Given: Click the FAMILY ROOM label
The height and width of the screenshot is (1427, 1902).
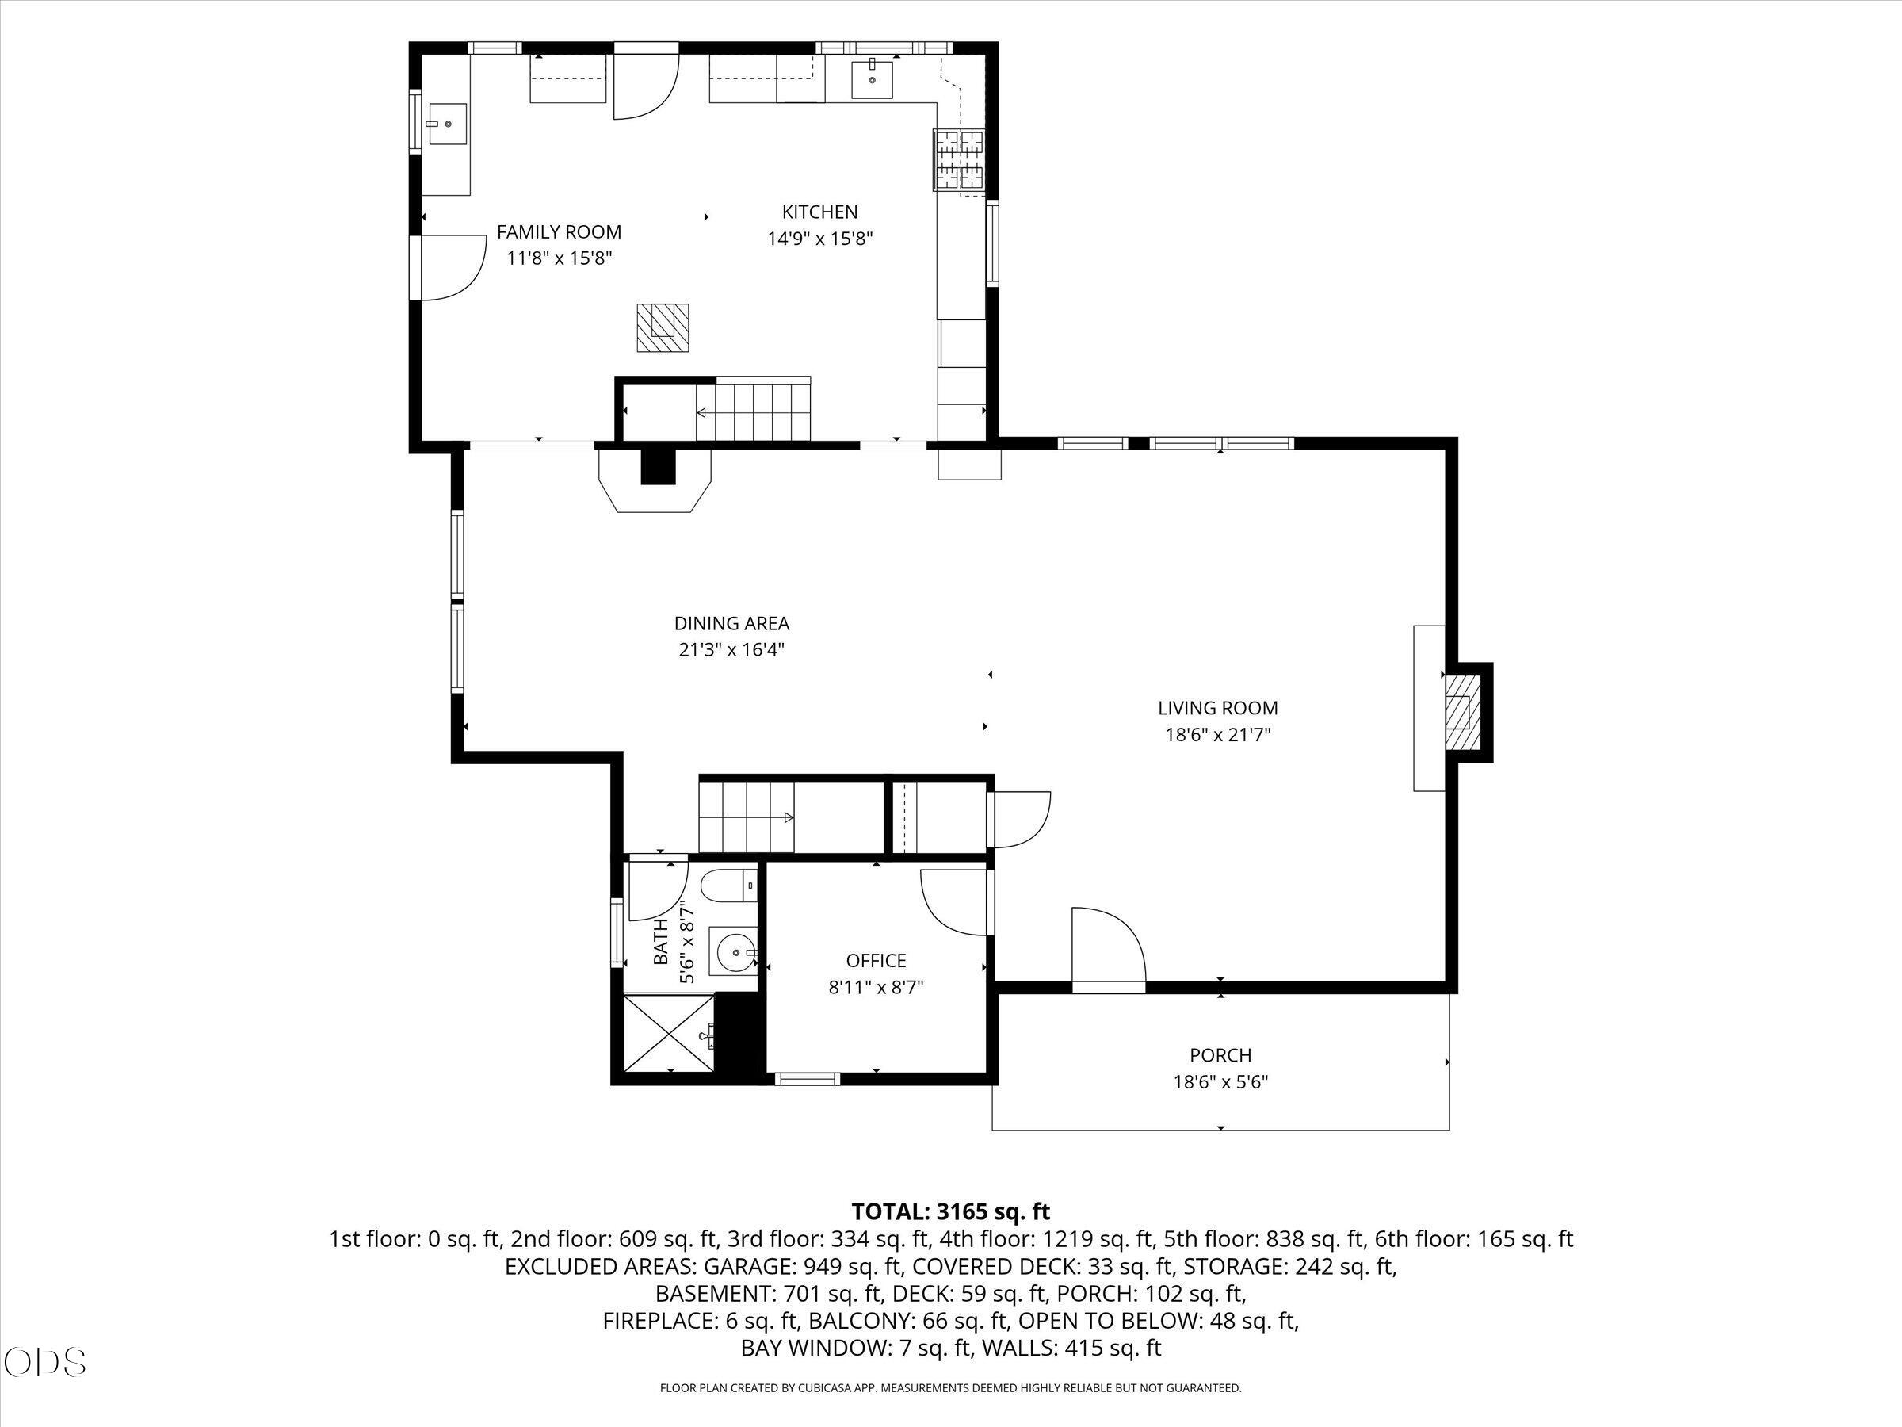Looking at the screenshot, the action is click(559, 232).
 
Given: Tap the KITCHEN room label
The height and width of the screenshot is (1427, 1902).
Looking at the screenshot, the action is click(819, 212).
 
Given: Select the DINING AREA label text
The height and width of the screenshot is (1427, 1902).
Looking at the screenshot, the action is click(731, 624).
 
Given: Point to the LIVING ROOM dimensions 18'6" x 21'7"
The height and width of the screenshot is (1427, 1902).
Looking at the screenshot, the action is click(1217, 735).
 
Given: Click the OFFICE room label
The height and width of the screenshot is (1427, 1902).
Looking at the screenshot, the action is click(877, 961).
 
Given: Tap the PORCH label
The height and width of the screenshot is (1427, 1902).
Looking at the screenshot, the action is click(1220, 1054).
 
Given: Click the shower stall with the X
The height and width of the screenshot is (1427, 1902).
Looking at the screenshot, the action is click(668, 1032).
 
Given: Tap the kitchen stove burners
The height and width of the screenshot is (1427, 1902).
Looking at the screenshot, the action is click(960, 159).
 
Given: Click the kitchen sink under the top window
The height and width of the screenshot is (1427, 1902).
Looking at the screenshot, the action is click(873, 80).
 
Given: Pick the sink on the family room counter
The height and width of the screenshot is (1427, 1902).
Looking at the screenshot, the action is click(446, 124).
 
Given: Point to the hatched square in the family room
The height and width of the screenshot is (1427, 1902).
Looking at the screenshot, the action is click(662, 327).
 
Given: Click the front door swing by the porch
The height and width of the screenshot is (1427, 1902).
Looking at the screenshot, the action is click(1109, 946).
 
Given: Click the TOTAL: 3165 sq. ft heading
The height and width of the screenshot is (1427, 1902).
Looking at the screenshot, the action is click(951, 1212).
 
